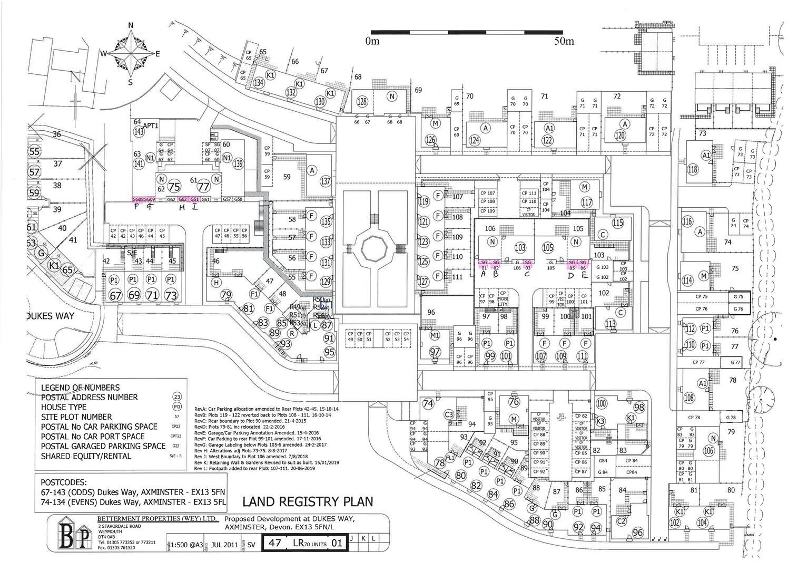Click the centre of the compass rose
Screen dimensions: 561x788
click(x=131, y=53)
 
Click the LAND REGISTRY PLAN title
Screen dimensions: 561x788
click(x=308, y=501)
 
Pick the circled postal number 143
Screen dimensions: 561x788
click(x=139, y=132)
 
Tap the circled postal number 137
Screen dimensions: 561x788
click(x=326, y=182)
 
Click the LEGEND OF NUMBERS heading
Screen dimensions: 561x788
click(x=80, y=388)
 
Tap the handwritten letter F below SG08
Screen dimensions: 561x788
click(x=136, y=207)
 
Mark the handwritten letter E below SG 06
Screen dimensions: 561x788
click(x=584, y=274)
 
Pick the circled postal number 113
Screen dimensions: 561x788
click(x=610, y=324)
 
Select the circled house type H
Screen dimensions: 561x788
click(x=215, y=283)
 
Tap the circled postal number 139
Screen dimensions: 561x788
click(x=239, y=164)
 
